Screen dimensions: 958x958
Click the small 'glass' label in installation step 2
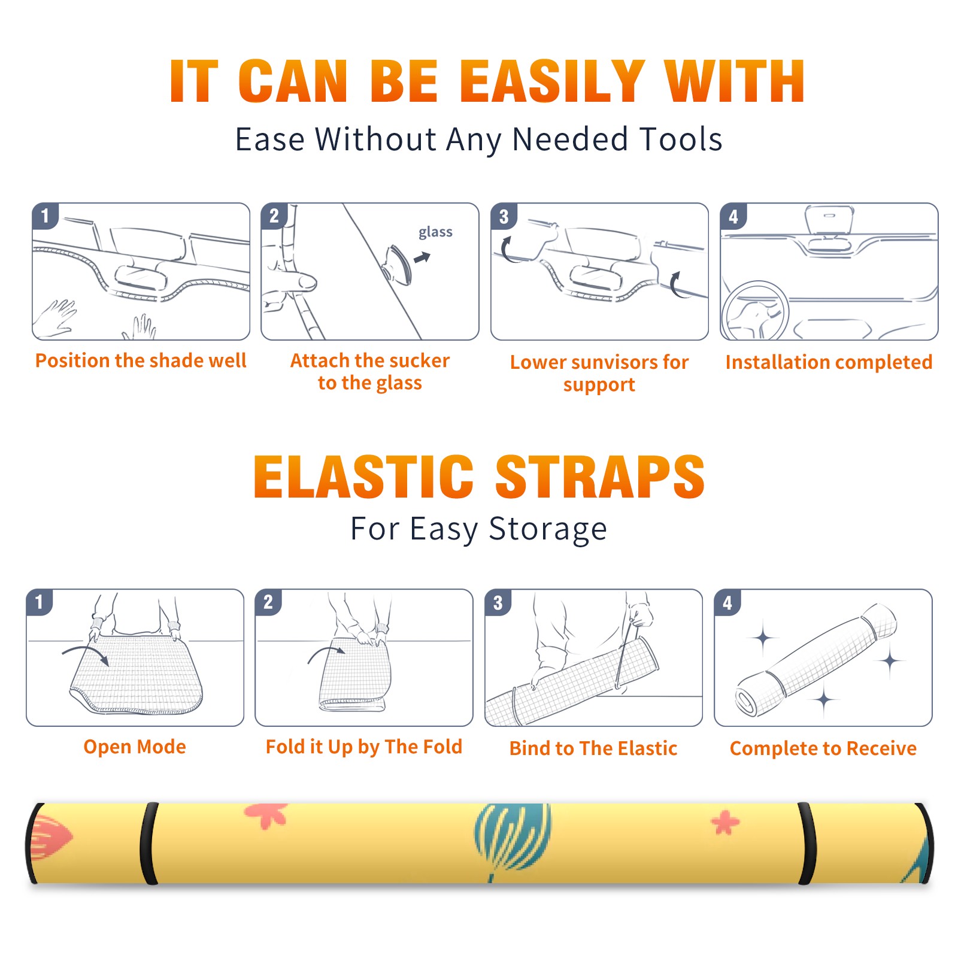435,232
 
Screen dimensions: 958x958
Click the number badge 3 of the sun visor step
504,216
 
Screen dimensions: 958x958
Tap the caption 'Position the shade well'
141,360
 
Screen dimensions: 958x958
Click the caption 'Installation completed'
829,362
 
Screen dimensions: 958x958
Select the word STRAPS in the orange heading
600,477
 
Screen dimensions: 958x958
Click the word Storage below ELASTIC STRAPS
548,529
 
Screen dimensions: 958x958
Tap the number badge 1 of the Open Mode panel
40,602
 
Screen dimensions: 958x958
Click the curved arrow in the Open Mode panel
86,653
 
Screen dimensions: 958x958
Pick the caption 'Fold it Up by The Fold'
364,747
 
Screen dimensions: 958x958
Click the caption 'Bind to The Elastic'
593,748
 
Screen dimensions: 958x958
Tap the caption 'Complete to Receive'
823,748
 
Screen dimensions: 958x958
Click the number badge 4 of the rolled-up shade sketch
727,602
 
